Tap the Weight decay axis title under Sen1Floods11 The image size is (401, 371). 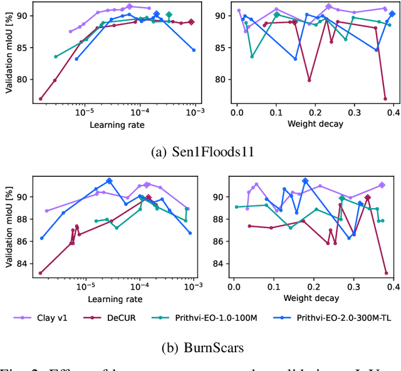tap(315, 124)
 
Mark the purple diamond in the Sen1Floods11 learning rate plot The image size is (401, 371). tap(130, 6)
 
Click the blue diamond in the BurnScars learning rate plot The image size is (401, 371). tap(109, 181)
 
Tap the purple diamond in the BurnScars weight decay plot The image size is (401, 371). tap(382, 185)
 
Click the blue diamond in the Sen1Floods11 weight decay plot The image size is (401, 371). tap(392, 14)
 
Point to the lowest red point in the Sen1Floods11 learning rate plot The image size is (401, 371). tap(41, 98)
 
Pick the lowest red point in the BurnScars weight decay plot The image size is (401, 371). tap(386, 273)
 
